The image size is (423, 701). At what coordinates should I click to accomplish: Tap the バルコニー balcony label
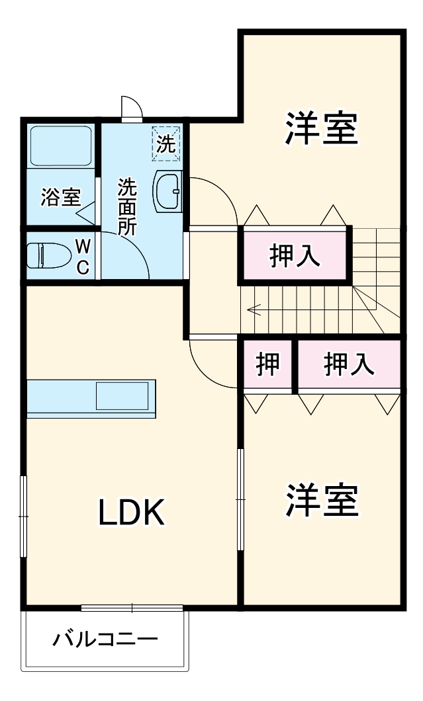click(106, 640)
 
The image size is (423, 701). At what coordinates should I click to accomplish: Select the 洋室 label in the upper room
click(322, 128)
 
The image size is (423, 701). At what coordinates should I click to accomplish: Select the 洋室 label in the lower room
click(322, 501)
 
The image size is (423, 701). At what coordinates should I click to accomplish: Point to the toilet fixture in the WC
click(48, 255)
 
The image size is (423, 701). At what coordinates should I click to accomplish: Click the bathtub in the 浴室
click(61, 146)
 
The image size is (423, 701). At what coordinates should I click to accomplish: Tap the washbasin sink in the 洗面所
click(168, 190)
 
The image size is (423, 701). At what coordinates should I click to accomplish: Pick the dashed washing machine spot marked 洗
click(166, 143)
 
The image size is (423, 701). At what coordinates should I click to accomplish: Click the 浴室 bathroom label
click(60, 198)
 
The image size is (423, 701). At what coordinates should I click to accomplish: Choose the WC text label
click(82, 257)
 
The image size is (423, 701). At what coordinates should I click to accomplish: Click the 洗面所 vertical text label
click(126, 207)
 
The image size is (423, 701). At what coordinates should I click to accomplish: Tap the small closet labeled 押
click(267, 364)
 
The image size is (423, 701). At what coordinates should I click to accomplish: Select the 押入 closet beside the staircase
click(295, 255)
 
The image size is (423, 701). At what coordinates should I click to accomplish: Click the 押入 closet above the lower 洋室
click(349, 364)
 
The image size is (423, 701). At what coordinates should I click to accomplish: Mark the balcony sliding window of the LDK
click(132, 608)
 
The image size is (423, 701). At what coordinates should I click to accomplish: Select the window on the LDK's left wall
click(24, 516)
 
